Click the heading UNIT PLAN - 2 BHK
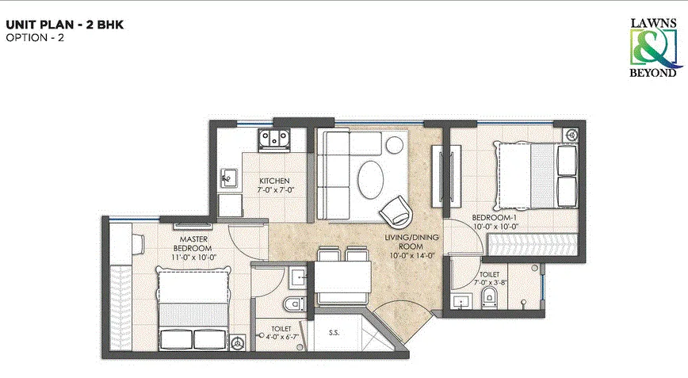[x=64, y=25]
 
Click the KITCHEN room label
[x=277, y=181]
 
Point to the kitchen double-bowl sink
[x=275, y=140]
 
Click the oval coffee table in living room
[x=370, y=179]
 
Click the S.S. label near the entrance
[x=335, y=333]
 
